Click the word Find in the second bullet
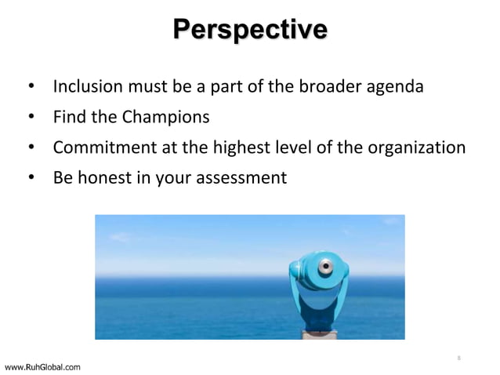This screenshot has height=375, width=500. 67,117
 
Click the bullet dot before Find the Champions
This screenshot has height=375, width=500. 31,118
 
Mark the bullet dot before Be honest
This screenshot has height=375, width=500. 31,179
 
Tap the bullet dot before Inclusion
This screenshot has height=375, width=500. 31,86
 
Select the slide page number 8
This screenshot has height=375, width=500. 458,359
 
